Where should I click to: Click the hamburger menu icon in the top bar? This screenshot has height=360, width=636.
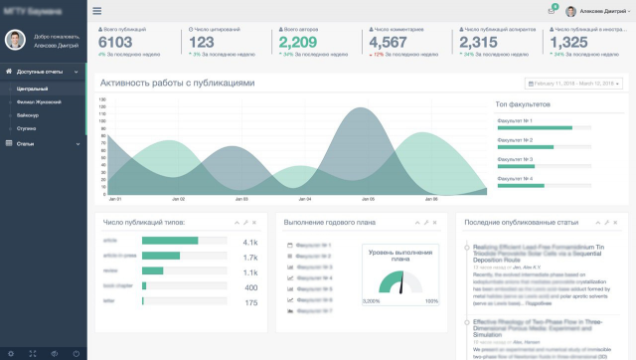[x=96, y=11]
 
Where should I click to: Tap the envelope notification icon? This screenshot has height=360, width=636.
[x=552, y=11]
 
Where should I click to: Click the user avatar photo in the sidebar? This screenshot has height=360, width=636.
[x=15, y=40]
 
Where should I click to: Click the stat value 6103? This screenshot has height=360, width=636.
[x=115, y=43]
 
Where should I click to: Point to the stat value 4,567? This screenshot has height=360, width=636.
[x=387, y=43]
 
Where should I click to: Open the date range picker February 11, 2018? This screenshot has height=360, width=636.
[x=573, y=84]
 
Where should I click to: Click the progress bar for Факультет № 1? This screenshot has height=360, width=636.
[x=535, y=127]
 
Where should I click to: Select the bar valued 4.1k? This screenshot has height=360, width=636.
[x=170, y=241]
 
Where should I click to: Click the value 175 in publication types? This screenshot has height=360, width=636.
[x=251, y=302]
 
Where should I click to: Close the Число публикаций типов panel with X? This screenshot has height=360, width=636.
[x=253, y=222]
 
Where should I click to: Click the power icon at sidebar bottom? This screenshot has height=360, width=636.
[x=76, y=353]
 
